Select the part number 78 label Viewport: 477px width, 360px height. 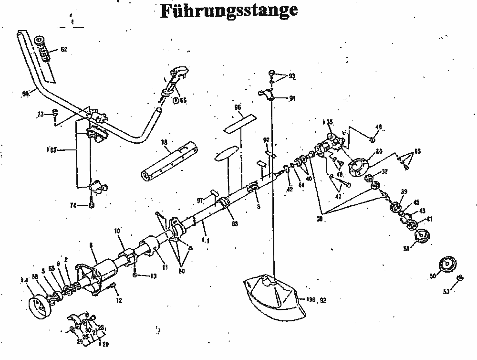164,142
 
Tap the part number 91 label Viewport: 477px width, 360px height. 292,98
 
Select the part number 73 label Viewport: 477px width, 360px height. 41,114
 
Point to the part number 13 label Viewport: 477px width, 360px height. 153,276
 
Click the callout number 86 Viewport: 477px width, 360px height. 379,151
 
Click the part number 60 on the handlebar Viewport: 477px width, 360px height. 25,94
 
